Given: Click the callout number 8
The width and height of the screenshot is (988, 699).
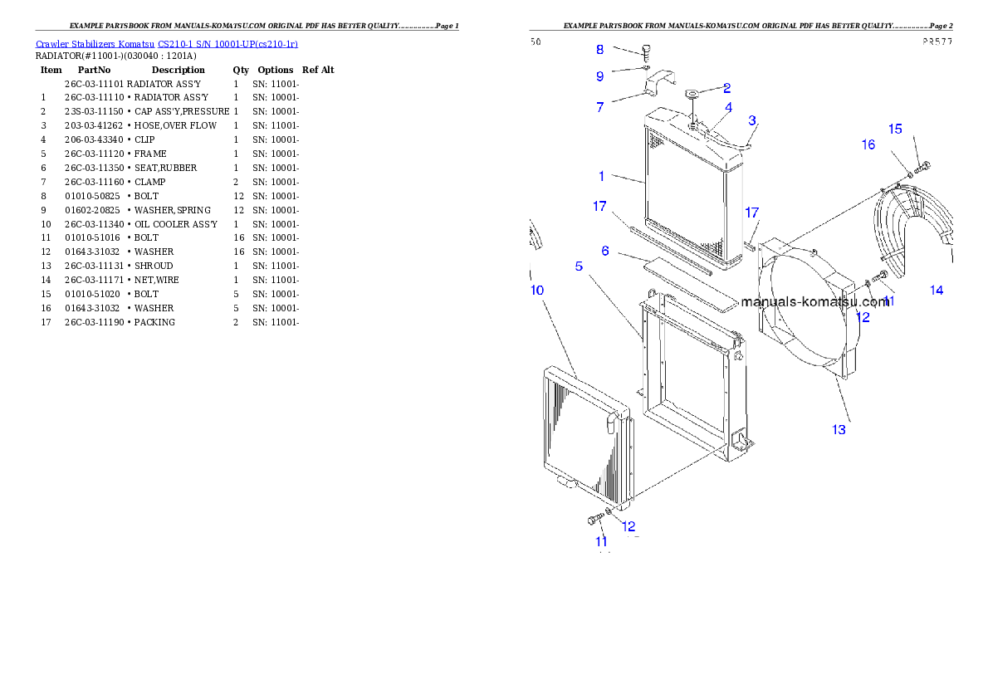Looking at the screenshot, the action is (x=600, y=50).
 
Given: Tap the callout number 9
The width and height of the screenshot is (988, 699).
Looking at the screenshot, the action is (x=600, y=76).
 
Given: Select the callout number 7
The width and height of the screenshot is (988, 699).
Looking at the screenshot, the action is (x=600, y=107).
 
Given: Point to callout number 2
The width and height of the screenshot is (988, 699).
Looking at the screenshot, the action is (x=726, y=87).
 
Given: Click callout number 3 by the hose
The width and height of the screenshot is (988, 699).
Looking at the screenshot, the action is (x=751, y=121).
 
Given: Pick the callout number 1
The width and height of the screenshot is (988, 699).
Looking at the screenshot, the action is (x=602, y=176).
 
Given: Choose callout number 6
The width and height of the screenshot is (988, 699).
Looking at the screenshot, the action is (x=606, y=250).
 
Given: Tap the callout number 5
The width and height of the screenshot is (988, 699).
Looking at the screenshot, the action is (x=579, y=266).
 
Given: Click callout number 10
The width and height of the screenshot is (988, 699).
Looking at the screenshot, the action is (x=537, y=290).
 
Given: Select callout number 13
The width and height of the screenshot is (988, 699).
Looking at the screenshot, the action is (x=839, y=429).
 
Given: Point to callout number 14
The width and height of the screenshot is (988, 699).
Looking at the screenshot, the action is (x=937, y=290).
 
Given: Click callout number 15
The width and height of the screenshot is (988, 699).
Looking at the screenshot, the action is (x=895, y=129).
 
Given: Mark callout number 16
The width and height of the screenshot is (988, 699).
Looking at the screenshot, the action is (x=868, y=144).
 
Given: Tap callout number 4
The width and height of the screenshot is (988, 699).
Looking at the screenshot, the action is (x=728, y=107).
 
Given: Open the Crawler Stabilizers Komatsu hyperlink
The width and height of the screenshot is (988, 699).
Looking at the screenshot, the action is (x=166, y=44).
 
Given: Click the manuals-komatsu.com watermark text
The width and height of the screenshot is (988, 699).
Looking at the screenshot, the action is (x=814, y=302).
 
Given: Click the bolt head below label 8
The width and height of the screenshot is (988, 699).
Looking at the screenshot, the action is (x=648, y=50).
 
